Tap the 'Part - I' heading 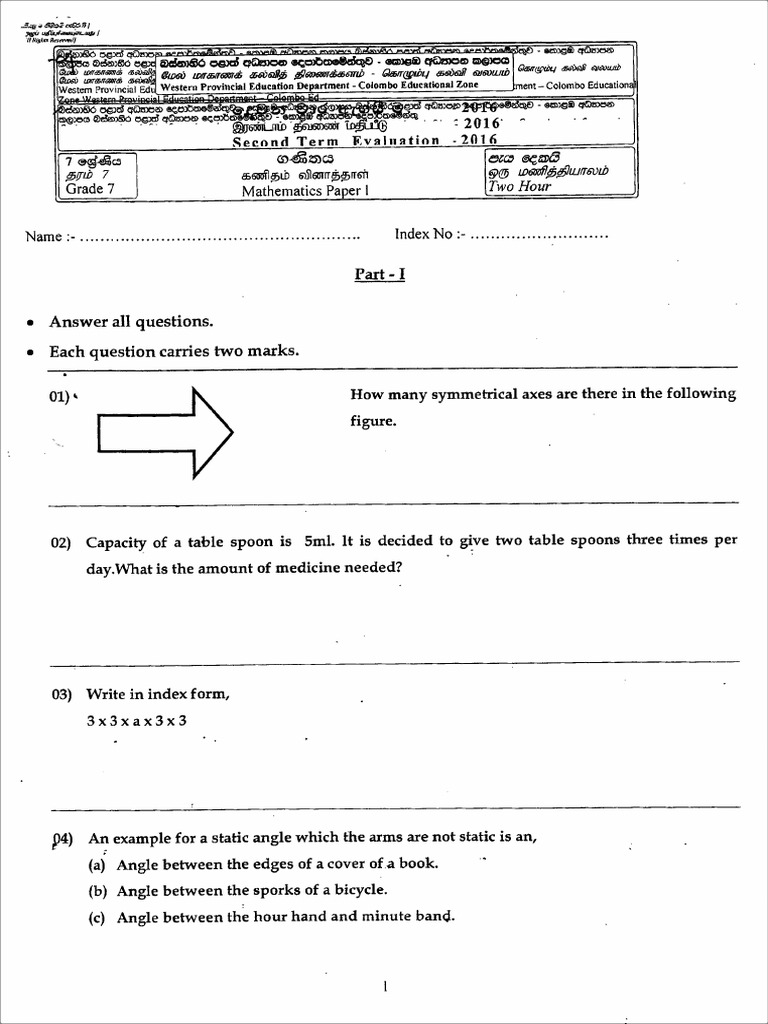[x=379, y=274]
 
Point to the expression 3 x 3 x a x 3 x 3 [x=137, y=720]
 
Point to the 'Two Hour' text [x=520, y=186]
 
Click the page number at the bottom [x=385, y=987]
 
